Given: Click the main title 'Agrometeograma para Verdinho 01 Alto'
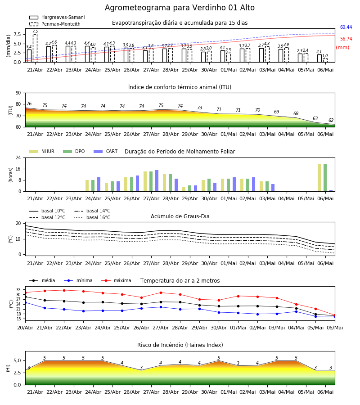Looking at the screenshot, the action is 180,8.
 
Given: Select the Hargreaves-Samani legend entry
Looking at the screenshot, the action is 57,17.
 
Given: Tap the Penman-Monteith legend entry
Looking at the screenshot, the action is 55,24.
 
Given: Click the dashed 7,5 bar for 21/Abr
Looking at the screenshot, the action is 35,48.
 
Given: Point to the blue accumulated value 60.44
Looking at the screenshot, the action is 346,27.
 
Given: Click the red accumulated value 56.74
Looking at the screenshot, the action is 346,39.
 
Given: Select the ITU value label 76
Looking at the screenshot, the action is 29,103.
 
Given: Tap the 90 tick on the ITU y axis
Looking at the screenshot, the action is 18,93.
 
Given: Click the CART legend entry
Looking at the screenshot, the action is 106,151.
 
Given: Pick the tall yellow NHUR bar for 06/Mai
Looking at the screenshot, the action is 319,178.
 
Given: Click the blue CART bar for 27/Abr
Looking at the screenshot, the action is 157,181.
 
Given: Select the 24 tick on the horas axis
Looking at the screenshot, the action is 18,157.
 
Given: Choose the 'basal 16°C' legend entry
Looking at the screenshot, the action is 92,217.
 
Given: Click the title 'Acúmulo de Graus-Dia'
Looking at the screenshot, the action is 180,216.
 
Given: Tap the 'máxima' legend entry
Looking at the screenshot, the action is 116,280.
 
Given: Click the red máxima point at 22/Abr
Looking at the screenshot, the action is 64,290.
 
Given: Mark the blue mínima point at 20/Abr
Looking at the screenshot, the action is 25,302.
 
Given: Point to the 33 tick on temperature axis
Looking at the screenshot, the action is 18,290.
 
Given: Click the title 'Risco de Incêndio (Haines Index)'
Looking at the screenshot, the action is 180,345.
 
